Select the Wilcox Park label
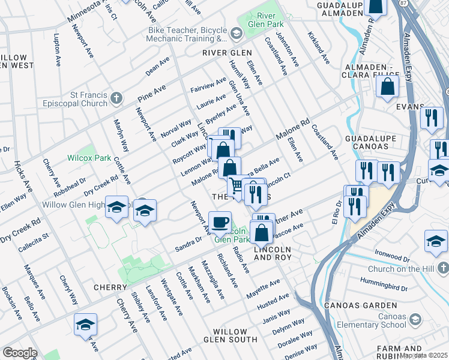[90, 158]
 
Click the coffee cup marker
[220, 223]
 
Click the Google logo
[19, 353]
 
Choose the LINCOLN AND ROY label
[273, 253]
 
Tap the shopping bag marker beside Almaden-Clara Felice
[388, 86]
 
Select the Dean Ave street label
[157, 67]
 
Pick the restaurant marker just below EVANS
[432, 118]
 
